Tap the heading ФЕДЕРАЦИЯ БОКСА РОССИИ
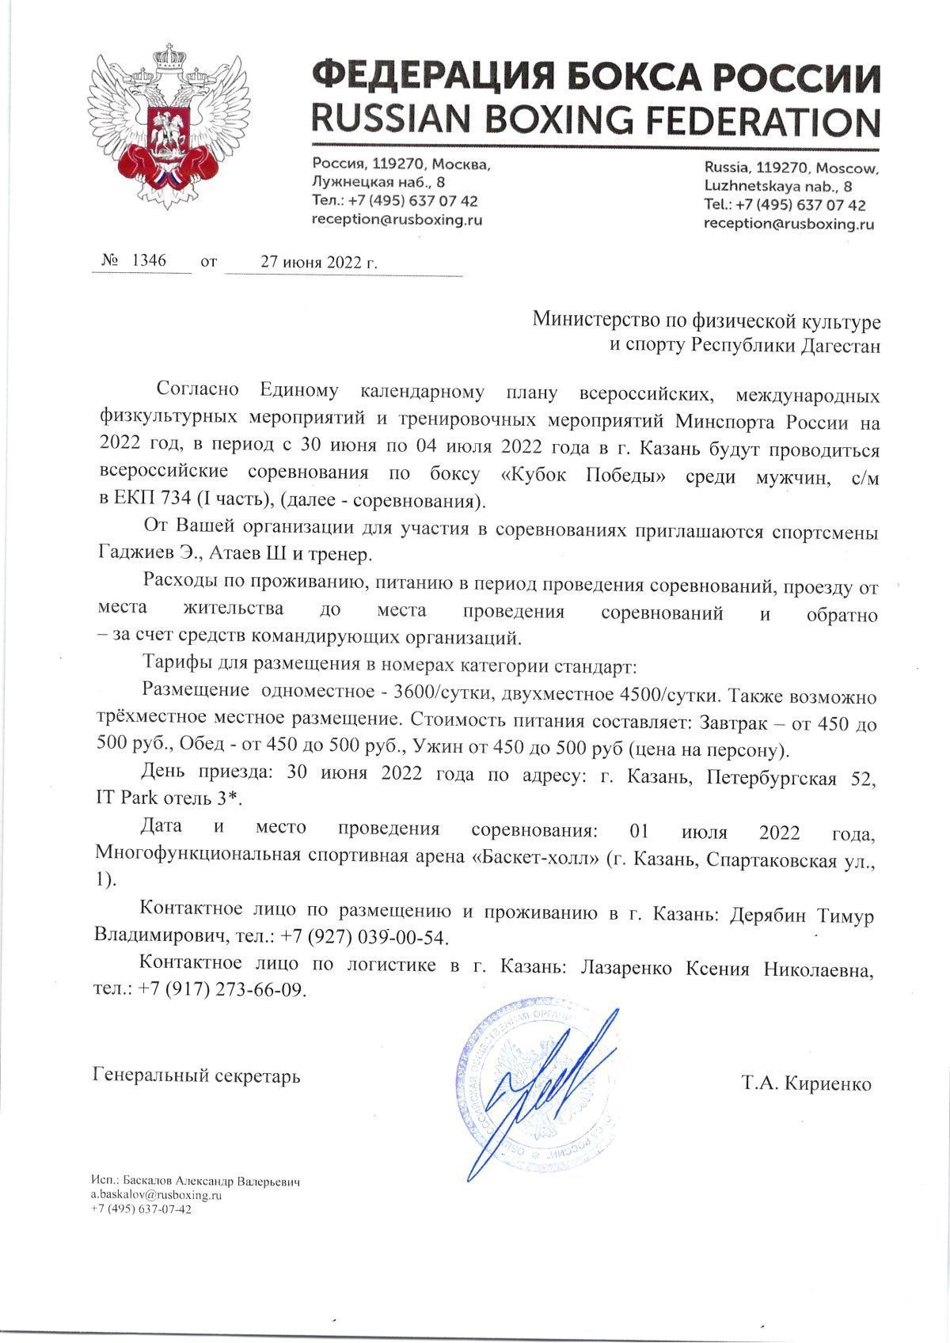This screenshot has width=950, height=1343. (595, 79)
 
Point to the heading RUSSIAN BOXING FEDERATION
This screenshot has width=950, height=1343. (595, 121)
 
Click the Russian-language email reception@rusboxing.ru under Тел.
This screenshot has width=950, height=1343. (397, 220)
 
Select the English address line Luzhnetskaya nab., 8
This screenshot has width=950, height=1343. (777, 186)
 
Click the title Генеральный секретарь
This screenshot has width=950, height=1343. (196, 1076)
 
